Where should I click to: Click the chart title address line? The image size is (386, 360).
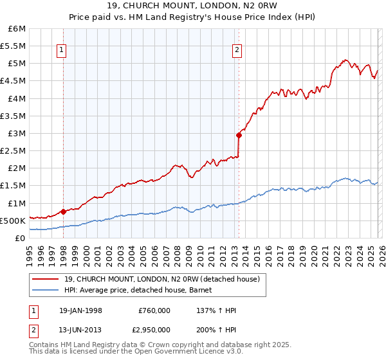coord(192,6)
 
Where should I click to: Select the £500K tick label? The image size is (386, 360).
coord(13,221)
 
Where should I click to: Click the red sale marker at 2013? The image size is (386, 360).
coord(239,135)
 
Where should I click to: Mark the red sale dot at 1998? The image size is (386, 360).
coord(63,211)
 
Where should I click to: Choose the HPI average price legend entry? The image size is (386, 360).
coord(142,291)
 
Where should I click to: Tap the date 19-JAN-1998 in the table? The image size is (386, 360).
coord(80,310)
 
